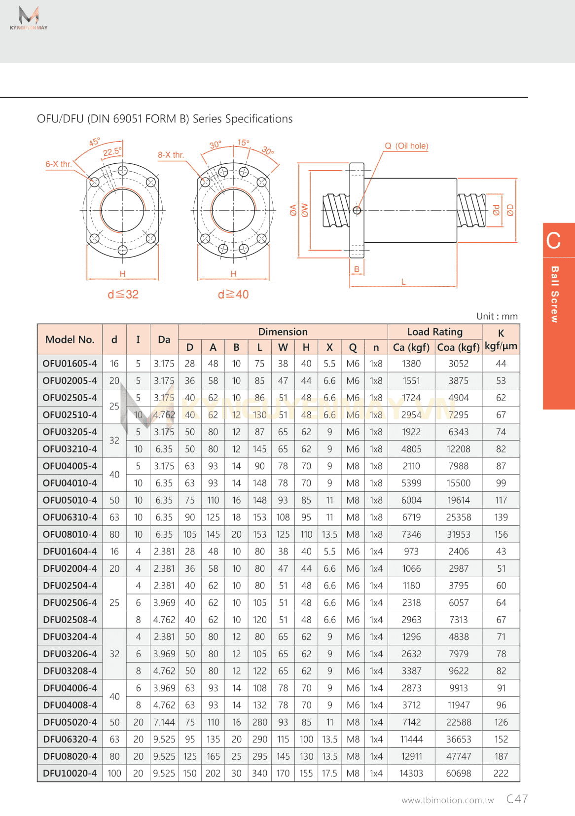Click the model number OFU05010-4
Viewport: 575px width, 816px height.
(x=70, y=500)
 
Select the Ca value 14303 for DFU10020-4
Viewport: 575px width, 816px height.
(x=411, y=774)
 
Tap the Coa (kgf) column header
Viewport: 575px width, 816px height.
(x=458, y=347)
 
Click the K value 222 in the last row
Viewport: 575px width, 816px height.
(x=501, y=774)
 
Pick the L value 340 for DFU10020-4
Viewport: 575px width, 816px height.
(x=259, y=774)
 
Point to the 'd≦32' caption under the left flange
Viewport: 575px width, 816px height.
(x=123, y=295)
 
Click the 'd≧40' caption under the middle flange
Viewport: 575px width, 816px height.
(x=233, y=295)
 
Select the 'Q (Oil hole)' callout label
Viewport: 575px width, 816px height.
(x=406, y=146)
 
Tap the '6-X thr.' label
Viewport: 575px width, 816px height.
(x=59, y=164)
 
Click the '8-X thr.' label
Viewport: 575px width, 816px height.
(x=171, y=155)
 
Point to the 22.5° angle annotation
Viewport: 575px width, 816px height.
(x=112, y=152)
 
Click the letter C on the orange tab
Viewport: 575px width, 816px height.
(x=553, y=241)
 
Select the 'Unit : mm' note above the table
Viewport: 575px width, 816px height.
(x=497, y=316)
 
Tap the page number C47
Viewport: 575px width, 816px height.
(x=517, y=799)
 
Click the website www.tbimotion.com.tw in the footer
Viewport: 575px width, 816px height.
(x=447, y=800)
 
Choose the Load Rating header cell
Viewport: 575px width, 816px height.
(x=434, y=332)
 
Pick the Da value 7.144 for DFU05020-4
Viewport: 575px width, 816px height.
(x=164, y=722)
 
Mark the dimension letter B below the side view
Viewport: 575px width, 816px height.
(x=357, y=269)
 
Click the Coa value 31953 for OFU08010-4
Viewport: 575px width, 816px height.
(x=458, y=534)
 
